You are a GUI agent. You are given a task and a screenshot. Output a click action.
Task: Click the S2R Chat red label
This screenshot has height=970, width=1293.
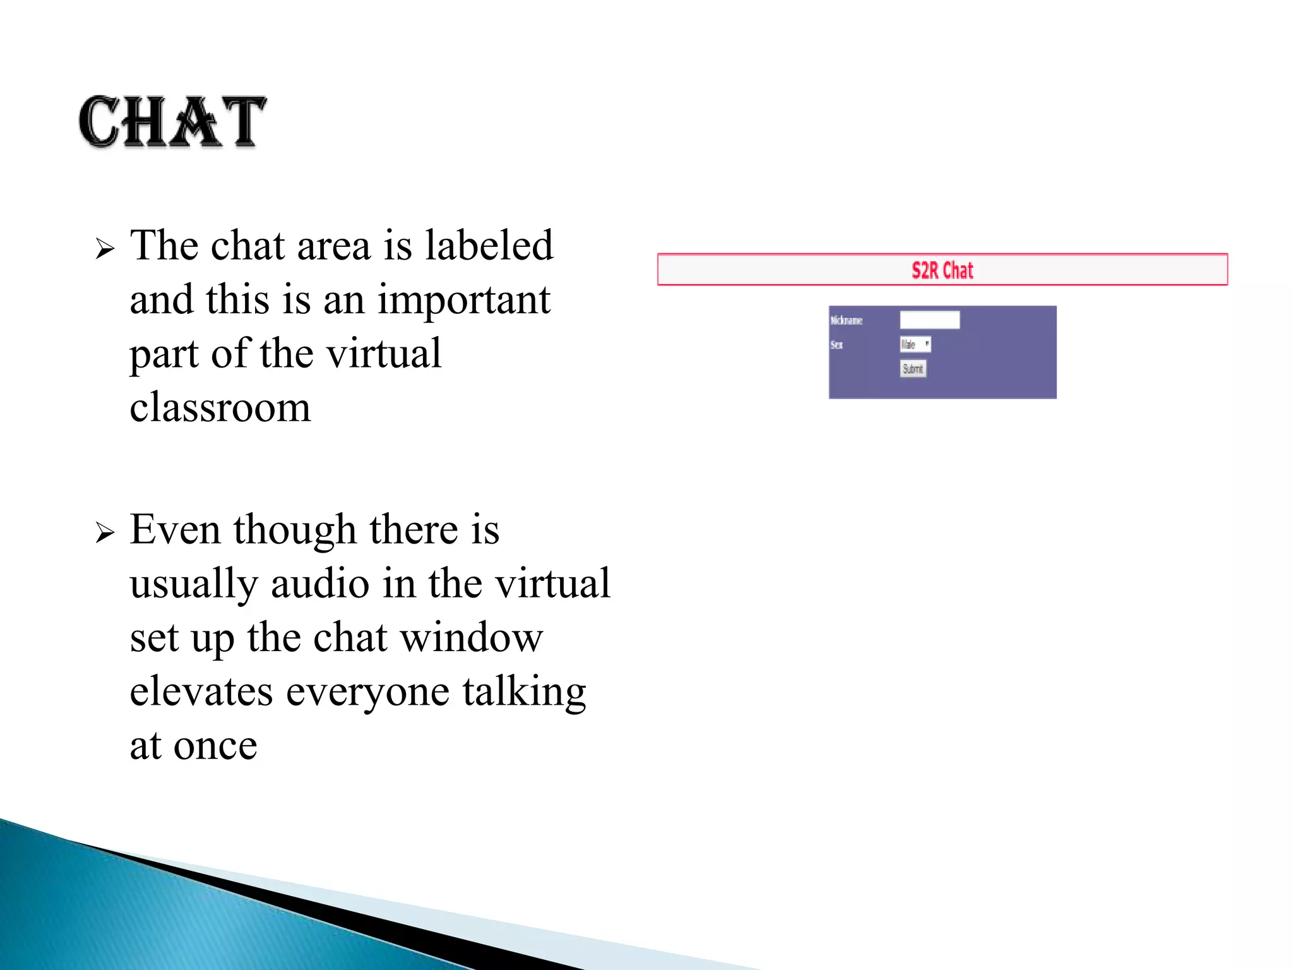click(942, 270)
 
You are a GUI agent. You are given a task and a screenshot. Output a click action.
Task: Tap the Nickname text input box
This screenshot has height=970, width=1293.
click(929, 320)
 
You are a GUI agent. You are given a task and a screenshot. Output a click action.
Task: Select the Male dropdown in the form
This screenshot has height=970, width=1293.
click(915, 344)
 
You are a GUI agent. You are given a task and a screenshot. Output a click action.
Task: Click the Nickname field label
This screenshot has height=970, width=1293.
click(846, 321)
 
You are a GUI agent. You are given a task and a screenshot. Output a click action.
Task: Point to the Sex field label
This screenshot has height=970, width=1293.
click(837, 345)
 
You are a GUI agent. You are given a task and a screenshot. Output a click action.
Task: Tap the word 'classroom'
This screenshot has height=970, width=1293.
click(220, 407)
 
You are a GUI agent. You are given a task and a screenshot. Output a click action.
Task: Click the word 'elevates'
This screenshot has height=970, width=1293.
click(201, 691)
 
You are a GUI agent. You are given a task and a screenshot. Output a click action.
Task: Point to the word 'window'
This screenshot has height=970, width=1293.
click(472, 637)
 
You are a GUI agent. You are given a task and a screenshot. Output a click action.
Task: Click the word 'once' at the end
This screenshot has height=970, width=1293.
click(215, 746)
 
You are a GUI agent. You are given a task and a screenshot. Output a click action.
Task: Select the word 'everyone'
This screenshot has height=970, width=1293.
click(368, 692)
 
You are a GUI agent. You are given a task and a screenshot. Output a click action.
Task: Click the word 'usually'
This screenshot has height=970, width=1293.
click(194, 584)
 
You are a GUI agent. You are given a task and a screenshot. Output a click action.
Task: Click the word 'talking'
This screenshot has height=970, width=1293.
click(524, 692)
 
